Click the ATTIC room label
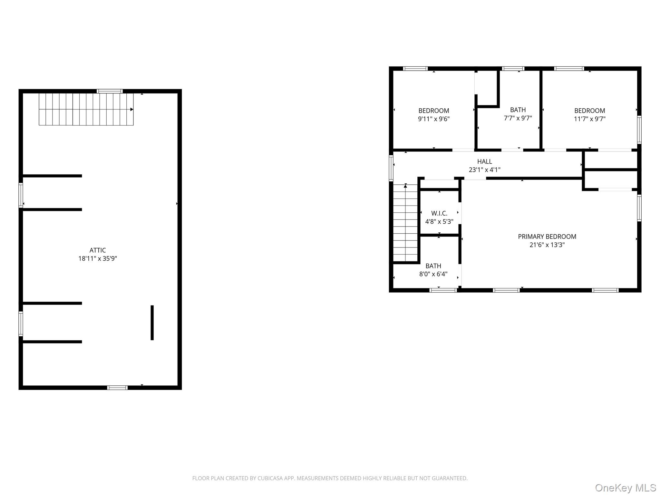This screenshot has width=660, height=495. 98,250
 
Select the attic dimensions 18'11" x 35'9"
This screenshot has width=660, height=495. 98,258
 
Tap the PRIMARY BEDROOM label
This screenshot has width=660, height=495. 547,237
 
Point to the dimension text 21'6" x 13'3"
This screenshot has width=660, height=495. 547,245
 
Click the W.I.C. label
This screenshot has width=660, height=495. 439,213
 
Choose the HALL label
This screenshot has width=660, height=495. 484,161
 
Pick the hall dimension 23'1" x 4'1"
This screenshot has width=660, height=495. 484,170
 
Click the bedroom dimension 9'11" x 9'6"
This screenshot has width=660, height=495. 433,119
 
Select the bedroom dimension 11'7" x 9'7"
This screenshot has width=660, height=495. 589,119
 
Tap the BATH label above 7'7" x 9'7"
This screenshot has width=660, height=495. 518,110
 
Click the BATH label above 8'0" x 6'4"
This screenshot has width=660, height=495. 433,266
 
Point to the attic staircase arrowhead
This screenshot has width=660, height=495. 132,109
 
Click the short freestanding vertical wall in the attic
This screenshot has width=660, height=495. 152,322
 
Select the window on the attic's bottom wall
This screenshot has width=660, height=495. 117,387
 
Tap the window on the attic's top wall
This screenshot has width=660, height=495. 110,91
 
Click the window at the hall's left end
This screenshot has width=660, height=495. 391,168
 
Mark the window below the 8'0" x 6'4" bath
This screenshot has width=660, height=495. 443,290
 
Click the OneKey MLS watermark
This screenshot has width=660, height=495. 625,488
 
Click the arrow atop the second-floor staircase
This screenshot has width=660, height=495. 405,186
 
